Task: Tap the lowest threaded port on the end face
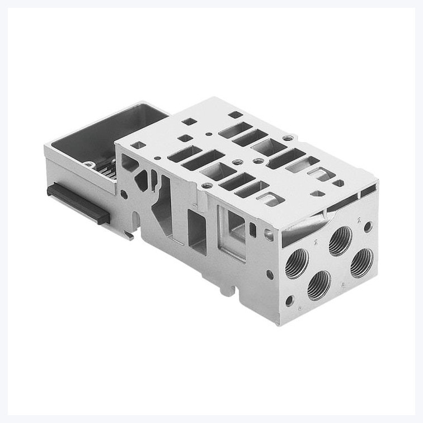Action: (319, 285)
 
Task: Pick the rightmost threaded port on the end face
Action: (362, 262)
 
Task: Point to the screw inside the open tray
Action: (89, 164)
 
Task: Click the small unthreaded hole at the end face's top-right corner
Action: (368, 227)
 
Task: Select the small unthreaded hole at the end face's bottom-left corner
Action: (289, 300)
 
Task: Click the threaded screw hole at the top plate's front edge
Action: (208, 185)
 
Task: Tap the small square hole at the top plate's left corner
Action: (140, 145)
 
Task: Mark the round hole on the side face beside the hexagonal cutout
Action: (124, 195)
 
